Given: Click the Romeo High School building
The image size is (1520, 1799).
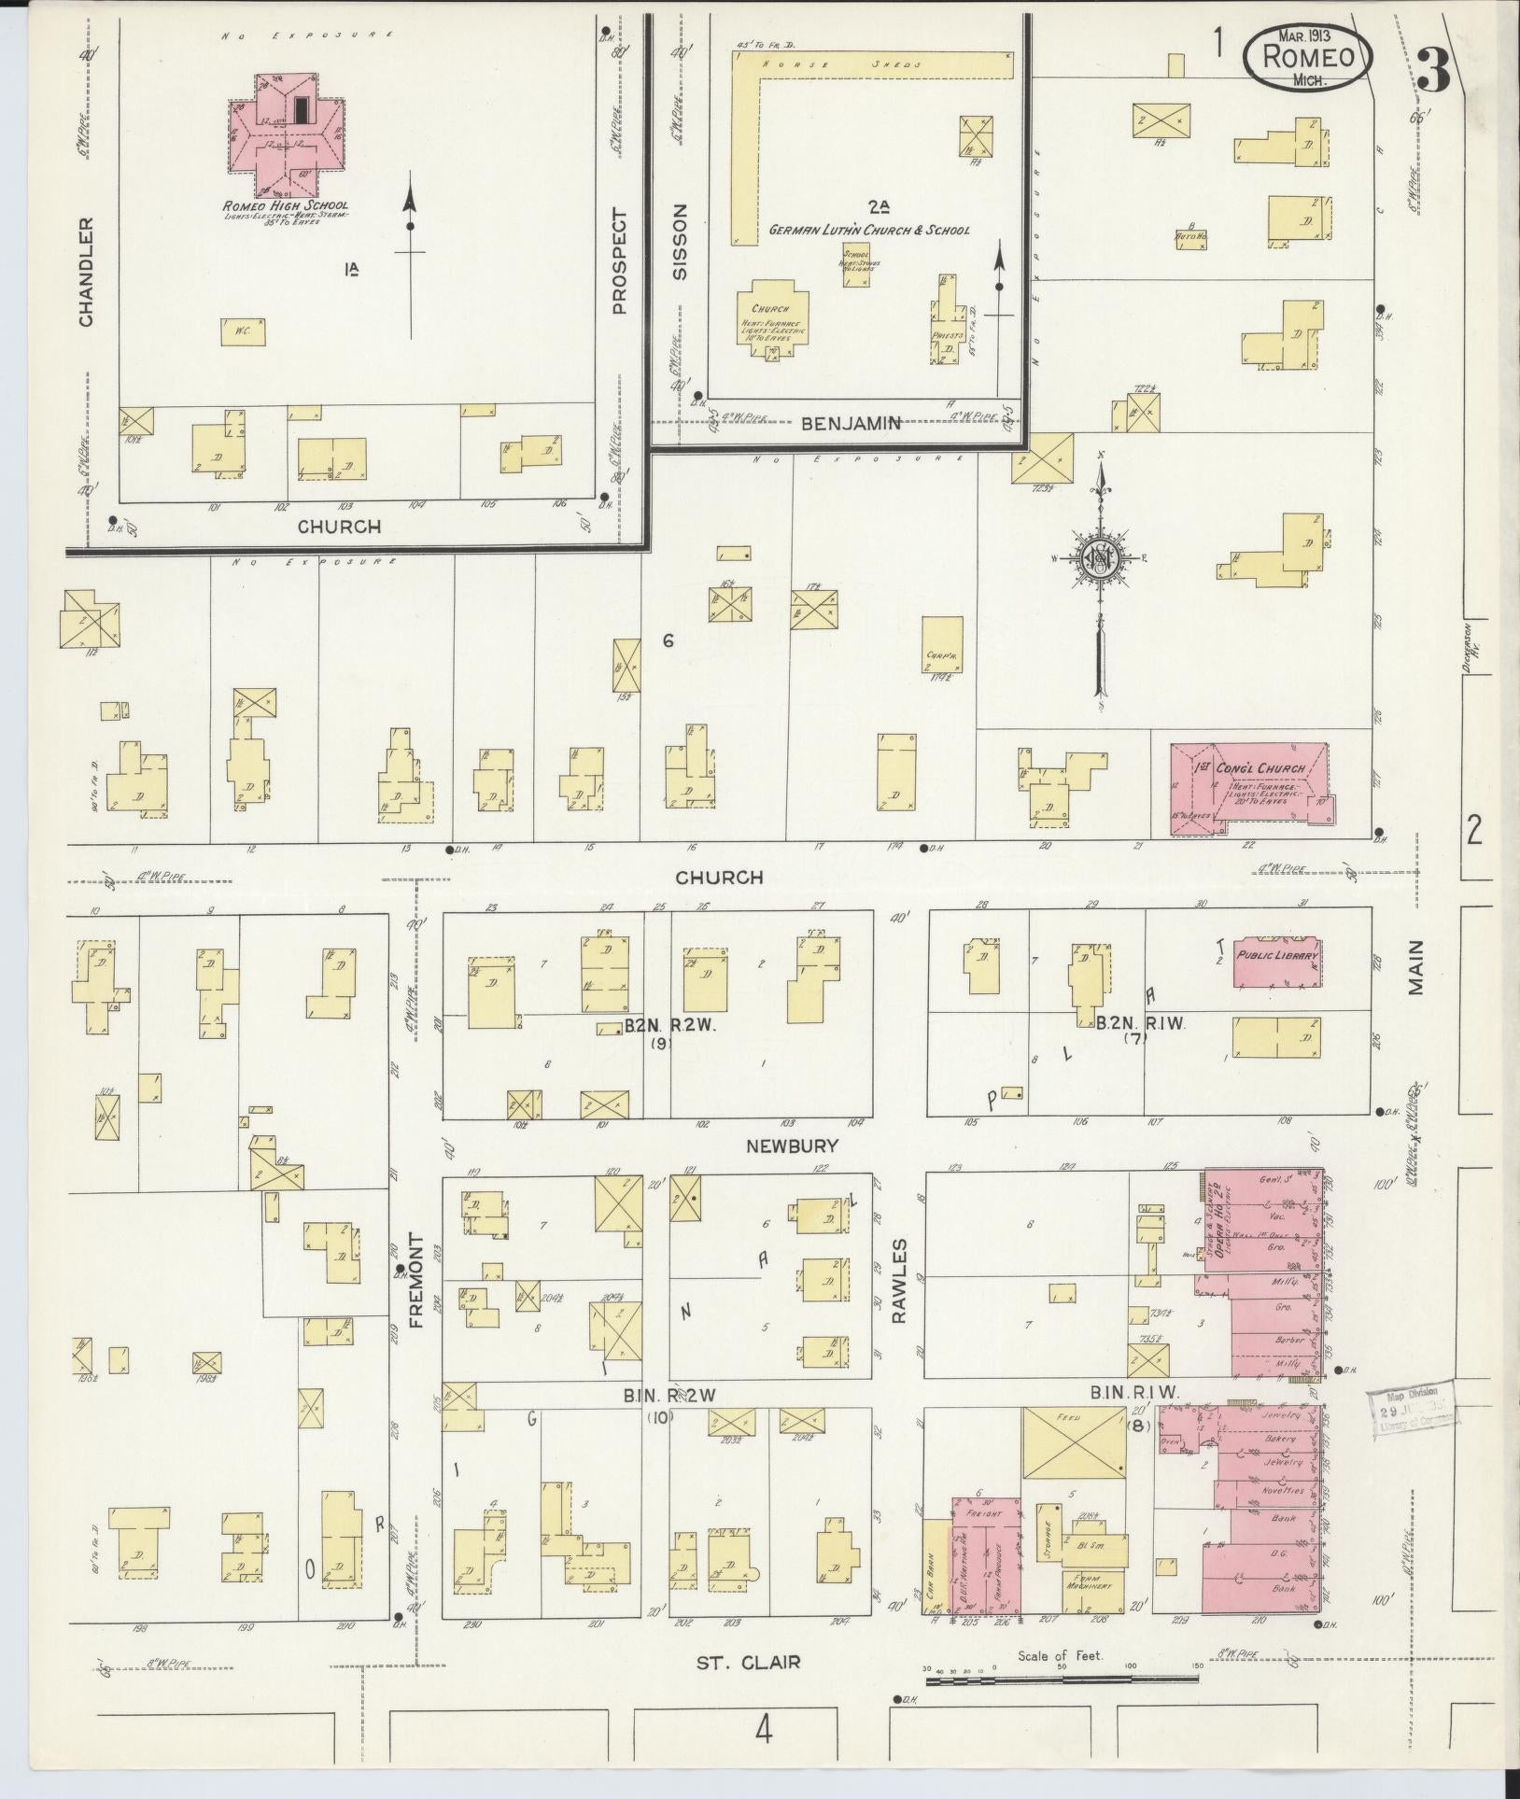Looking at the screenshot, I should [287, 131].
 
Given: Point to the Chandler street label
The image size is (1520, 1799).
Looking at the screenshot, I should [86, 272].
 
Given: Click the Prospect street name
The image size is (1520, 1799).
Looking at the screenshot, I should [620, 260].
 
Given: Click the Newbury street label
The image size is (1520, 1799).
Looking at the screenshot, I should [792, 1145].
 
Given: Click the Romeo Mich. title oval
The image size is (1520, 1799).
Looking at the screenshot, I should [1309, 58].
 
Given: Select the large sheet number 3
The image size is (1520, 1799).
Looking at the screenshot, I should [1433, 68].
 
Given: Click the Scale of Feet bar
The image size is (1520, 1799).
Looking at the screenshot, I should [1062, 1680].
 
